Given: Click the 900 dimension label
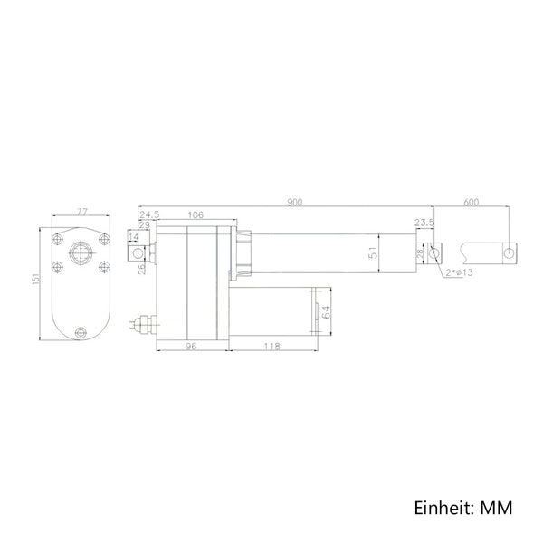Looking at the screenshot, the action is (295, 202).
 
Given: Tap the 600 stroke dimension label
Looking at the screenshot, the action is (471, 202).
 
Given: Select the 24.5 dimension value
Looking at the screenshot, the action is (149, 214).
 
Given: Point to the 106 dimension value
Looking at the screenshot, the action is (195, 215).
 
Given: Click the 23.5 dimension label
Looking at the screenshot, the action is (424, 223).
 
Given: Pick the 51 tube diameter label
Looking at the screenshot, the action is (373, 253).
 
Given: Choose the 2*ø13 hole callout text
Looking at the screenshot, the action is (459, 272).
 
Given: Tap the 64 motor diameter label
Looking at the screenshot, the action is (326, 311).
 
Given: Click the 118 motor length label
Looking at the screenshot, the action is (271, 346).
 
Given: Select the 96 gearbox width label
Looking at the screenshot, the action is (191, 346).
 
